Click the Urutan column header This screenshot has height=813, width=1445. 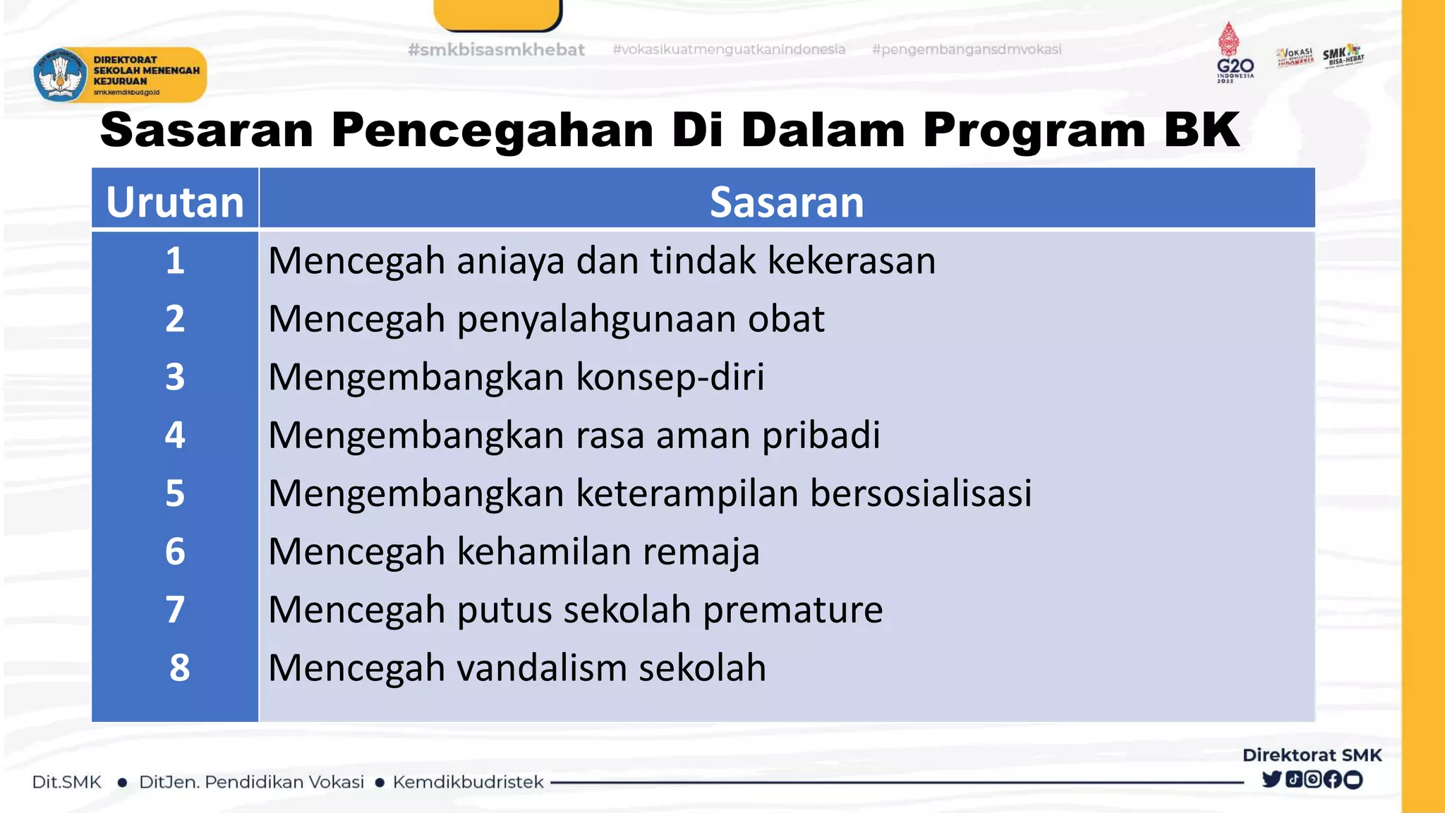175,202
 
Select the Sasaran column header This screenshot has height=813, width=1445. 786,202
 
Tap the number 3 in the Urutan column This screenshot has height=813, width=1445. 175,377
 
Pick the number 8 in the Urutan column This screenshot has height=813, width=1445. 179,668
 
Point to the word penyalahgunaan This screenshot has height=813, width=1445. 597,319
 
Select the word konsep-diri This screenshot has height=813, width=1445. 670,377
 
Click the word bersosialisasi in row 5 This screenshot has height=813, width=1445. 920,493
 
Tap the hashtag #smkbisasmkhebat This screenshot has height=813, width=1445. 496,50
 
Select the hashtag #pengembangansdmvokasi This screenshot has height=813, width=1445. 966,49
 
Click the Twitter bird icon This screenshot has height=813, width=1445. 1271,779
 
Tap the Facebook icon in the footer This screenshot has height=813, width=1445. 1332,779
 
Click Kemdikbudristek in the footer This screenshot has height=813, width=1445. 468,782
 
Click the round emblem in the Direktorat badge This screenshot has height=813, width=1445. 59,75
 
